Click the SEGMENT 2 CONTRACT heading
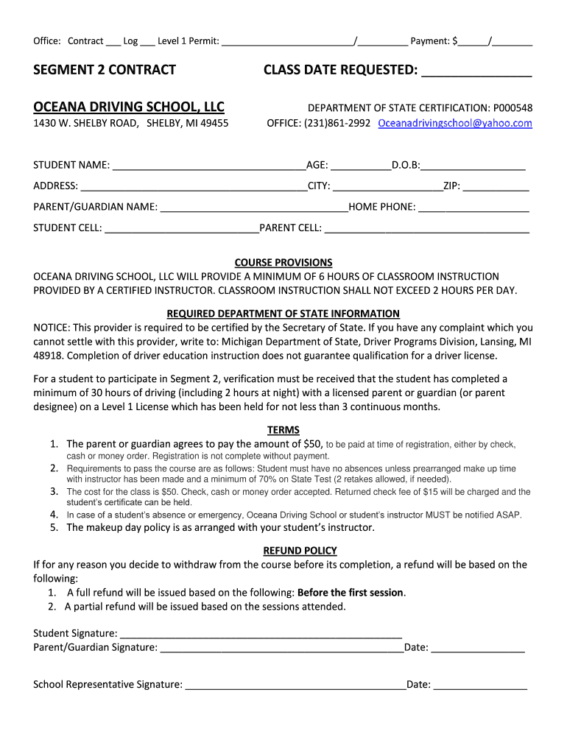105,70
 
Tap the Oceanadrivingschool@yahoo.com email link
454,123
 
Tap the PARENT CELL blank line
427,229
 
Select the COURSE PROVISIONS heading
283,262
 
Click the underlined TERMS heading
283,430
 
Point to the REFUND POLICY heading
300,550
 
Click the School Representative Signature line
295,686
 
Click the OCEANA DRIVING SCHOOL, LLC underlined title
129,107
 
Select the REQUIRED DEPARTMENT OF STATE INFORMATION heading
283,313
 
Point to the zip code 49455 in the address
213,123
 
